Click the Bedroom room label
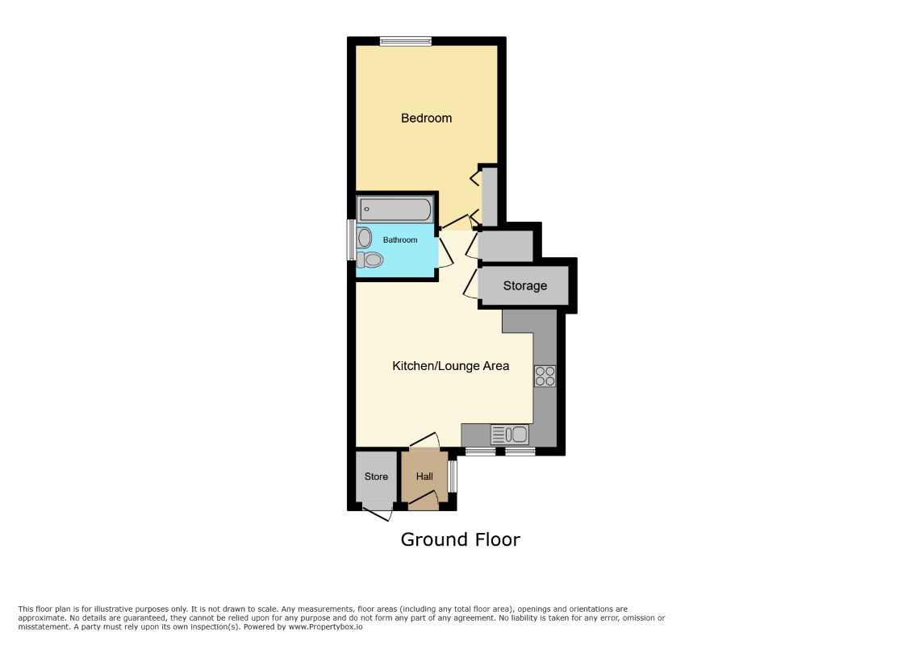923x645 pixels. coord(426,119)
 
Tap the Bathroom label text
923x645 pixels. coord(400,240)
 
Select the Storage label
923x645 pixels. coord(525,285)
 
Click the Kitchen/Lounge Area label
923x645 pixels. coord(450,366)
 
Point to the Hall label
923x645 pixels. coord(424,476)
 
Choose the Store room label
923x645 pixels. coord(376,476)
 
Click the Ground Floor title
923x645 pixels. coord(461,539)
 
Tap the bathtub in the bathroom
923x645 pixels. coord(395,210)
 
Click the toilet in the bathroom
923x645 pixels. coord(370,260)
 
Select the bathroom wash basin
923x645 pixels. coord(365,238)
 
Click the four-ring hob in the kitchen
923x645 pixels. coord(545,377)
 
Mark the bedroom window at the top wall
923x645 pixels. coord(406,40)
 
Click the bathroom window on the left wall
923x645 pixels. coord(351,240)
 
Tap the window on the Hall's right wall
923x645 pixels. coord(452,476)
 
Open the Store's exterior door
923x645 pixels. coord(377,514)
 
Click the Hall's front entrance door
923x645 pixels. coord(424,501)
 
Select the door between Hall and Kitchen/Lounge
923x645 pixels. coord(424,440)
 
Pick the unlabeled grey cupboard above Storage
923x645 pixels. coord(506,247)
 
